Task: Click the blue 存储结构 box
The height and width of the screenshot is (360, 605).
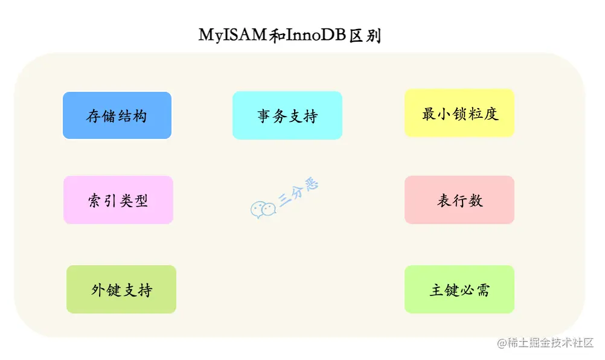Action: (117, 115)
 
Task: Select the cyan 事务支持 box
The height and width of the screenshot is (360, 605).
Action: (287, 115)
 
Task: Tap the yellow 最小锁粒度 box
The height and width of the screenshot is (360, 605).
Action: (459, 113)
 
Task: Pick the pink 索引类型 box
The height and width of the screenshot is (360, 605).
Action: (118, 200)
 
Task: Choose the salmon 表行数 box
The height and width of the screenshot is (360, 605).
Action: (459, 200)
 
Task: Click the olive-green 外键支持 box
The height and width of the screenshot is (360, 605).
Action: (121, 289)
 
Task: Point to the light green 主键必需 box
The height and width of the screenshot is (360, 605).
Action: (459, 289)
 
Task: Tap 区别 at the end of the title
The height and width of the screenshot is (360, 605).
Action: (365, 35)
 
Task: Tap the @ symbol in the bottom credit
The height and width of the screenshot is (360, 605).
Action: (501, 343)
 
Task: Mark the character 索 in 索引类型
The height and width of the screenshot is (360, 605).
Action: (95, 201)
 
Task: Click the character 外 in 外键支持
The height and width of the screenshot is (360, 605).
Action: (98, 290)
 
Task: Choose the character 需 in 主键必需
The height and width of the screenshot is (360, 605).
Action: (482, 290)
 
